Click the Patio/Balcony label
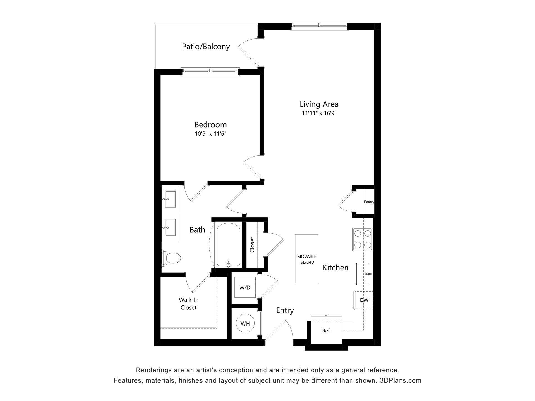coord(206,47)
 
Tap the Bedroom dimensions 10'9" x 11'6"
coord(210,134)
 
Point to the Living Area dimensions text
coord(319,113)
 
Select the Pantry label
coord(369,202)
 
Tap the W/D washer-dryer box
coord(245,287)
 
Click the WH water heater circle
coord(245,323)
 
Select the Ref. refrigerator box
coord(326,331)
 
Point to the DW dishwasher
coord(364,300)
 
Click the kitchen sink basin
coord(363,274)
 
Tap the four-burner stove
coord(363,239)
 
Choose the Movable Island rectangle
coord(307,259)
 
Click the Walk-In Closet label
coord(189,304)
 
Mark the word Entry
coord(285,310)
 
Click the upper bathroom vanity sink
coord(170,199)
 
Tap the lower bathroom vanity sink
coord(170,228)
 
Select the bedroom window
coord(210,72)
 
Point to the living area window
coord(319,26)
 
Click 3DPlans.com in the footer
coord(400,380)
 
